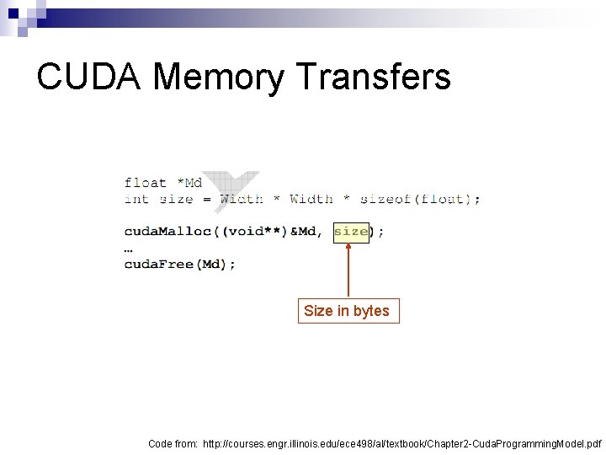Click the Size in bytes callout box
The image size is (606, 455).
click(347, 311)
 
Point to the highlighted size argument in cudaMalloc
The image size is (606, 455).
click(351, 231)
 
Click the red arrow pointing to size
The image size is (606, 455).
click(348, 269)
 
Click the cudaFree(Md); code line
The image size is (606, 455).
click(180, 264)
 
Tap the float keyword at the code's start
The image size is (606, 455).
click(146, 182)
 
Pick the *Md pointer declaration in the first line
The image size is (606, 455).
click(189, 182)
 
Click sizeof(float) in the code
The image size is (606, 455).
click(417, 199)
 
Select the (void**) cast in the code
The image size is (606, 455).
click(250, 231)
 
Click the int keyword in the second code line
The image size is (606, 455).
click(136, 199)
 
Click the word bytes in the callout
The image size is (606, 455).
click(371, 311)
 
